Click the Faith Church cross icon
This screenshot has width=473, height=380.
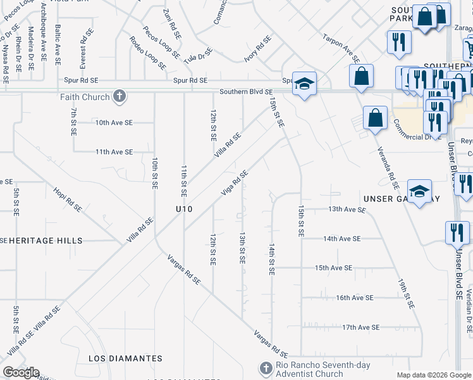118,97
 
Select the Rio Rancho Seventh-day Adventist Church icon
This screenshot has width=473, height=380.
266,368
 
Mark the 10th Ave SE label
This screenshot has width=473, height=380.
114,122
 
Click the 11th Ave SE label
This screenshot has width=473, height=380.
114,152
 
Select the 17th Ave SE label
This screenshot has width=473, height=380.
360,327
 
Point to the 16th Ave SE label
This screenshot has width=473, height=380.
355,298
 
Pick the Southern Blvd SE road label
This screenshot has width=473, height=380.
245,92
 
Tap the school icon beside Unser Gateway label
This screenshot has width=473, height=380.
419,193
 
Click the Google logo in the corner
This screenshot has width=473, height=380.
21,372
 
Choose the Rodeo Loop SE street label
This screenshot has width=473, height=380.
147,53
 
